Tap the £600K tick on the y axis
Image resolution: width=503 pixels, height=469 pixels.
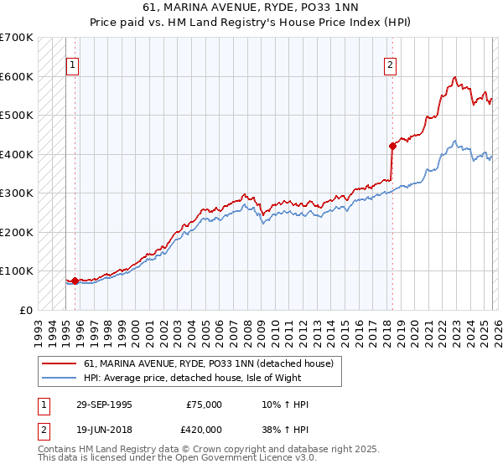[x=17, y=76]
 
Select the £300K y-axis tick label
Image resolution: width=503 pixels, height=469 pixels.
[x=17, y=193]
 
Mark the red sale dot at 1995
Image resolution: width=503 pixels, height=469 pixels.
[x=75, y=281]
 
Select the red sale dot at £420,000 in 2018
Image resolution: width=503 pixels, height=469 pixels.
[x=392, y=146]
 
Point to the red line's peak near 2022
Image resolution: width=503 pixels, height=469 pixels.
[x=454, y=77]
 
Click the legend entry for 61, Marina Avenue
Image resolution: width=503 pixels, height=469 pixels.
[x=209, y=364]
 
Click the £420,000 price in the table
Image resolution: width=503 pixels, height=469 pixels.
[x=205, y=430]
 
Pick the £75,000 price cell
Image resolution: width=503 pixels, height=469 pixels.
[x=205, y=405]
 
